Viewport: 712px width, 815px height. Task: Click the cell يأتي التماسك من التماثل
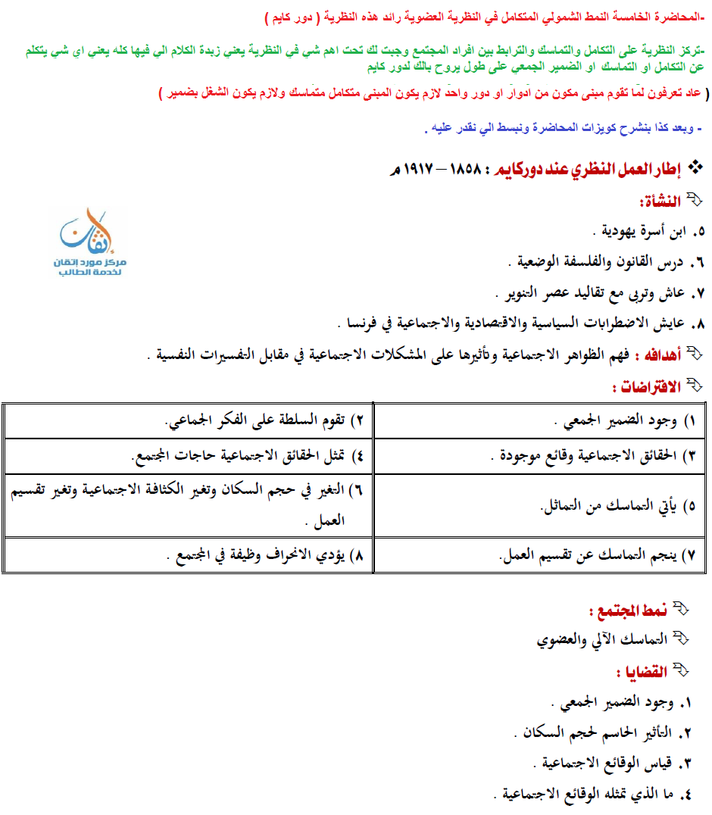click(x=614, y=505)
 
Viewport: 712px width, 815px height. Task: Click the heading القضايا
click(x=645, y=672)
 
